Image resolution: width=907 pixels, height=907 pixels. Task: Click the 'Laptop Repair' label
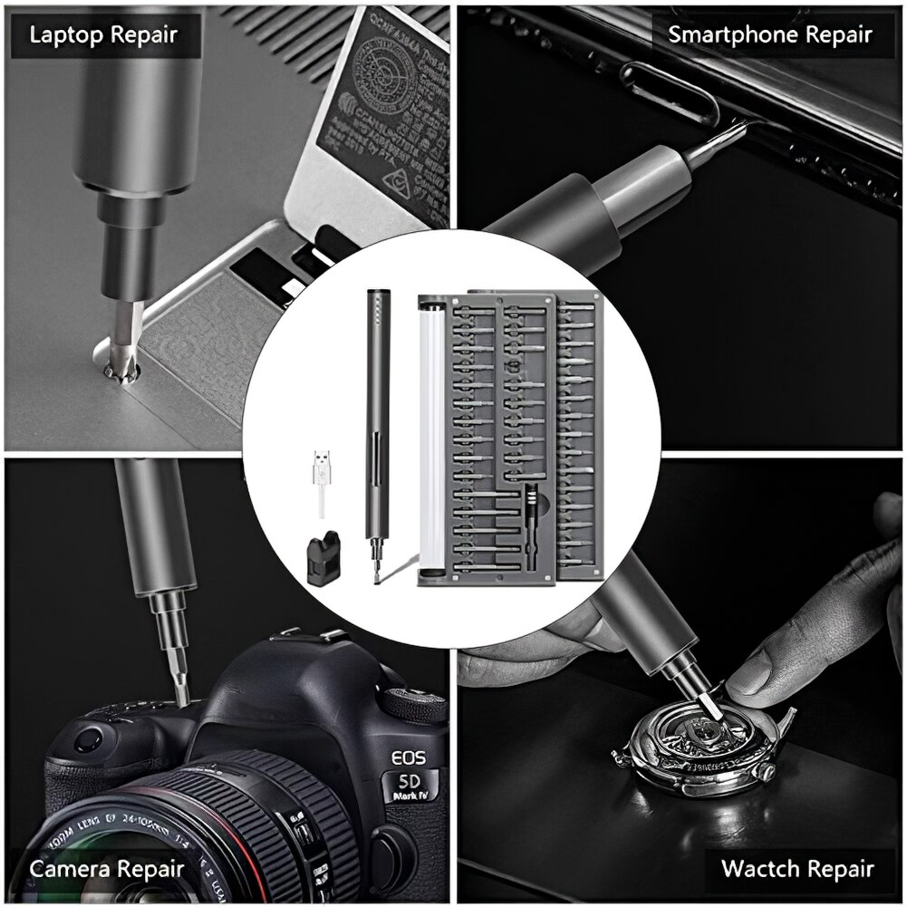point(103,36)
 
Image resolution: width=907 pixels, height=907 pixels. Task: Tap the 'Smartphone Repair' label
point(770,35)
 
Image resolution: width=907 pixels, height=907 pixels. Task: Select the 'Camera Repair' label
point(107,869)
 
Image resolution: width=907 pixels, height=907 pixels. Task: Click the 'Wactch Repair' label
point(797,868)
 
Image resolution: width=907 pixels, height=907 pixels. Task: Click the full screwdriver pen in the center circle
point(374,435)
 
